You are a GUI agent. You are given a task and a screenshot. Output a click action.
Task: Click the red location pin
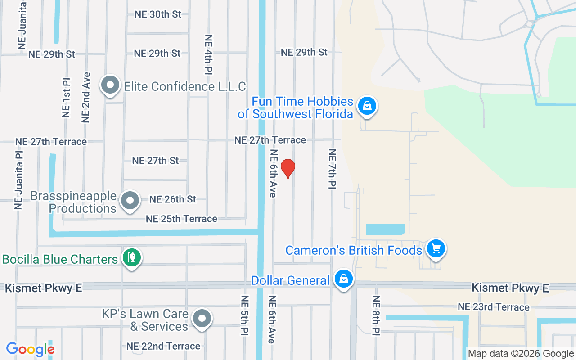click(x=288, y=169)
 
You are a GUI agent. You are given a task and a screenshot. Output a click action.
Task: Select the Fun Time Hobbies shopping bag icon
click(x=367, y=107)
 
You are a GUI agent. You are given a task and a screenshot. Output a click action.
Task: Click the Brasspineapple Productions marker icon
click(x=130, y=201)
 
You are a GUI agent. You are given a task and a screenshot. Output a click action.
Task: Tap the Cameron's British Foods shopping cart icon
click(x=435, y=248)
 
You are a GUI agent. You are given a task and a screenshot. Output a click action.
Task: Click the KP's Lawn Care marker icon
click(x=202, y=319)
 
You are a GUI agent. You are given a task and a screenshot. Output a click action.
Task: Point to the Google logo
click(x=30, y=349)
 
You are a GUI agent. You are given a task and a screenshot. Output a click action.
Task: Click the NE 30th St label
click(x=158, y=14)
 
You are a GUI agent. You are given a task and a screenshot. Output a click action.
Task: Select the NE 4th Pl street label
click(x=208, y=54)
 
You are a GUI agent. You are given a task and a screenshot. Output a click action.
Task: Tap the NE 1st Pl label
click(x=66, y=97)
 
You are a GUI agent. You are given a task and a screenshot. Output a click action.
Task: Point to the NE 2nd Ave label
click(x=86, y=97)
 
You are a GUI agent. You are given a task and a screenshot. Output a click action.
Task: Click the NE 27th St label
click(x=155, y=161)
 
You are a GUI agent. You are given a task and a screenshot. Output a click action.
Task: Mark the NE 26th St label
click(x=173, y=199)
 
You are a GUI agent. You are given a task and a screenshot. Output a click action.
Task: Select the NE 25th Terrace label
click(x=181, y=219)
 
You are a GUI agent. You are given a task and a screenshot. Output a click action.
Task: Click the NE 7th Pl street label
click(x=333, y=169)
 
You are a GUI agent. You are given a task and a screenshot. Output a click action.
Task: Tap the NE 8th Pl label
click(x=376, y=315)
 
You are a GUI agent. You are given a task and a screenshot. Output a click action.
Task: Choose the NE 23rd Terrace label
click(x=494, y=307)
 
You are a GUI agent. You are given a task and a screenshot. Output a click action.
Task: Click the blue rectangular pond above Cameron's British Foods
click(x=385, y=229)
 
